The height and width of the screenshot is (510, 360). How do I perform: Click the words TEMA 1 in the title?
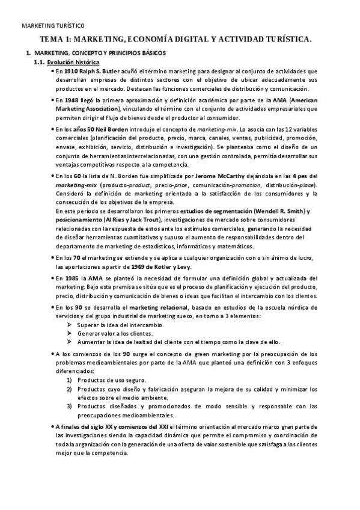pos(56,39)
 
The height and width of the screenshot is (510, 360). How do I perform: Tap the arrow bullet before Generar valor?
pos(70,333)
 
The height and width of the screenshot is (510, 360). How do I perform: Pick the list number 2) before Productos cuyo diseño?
pos(70,390)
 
